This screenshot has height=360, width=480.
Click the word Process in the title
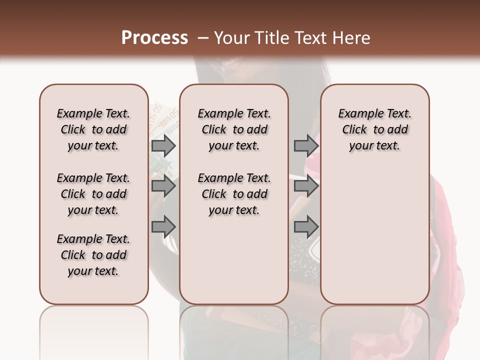pos(154,38)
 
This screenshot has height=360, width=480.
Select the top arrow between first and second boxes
pos(163,145)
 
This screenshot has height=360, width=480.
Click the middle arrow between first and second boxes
pos(163,186)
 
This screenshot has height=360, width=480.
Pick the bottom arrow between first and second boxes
pos(163,226)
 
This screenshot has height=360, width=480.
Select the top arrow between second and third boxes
pos(306,145)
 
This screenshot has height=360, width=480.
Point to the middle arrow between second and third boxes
pos(306,186)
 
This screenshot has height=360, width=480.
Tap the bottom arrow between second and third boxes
pos(306,226)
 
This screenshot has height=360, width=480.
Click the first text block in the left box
pos(93,129)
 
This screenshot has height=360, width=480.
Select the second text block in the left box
pos(93,194)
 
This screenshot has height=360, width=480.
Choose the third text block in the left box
pos(93,255)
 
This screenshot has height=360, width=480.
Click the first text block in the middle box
pos(234,129)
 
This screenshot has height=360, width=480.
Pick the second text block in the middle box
pos(234,194)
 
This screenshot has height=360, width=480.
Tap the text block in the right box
pos(375,129)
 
